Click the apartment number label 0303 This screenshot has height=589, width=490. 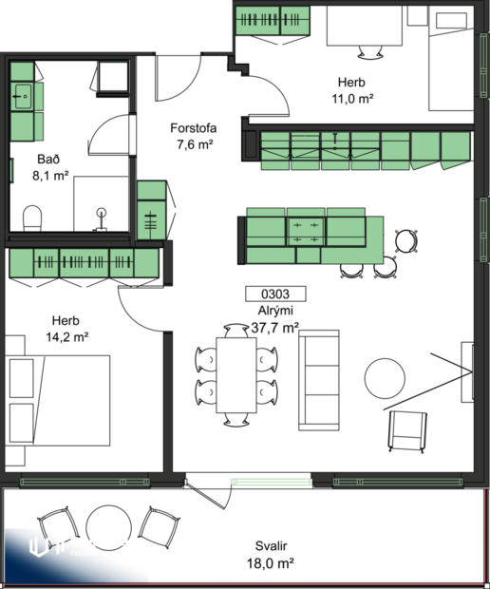(272, 294)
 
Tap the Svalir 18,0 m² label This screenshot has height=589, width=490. (272, 554)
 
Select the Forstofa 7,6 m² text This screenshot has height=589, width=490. (191, 136)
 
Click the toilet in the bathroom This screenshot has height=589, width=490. (32, 218)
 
